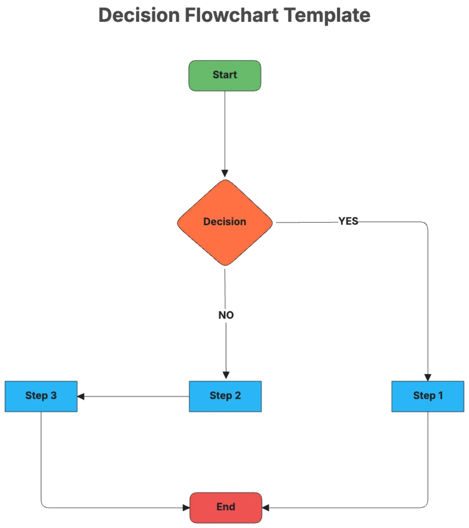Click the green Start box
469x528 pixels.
(x=225, y=76)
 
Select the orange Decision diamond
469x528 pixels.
(x=225, y=222)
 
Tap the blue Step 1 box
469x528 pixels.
(x=427, y=396)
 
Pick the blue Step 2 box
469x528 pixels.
(x=225, y=396)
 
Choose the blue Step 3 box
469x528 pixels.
(x=41, y=396)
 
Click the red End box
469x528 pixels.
(x=226, y=507)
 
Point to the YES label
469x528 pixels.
(x=348, y=221)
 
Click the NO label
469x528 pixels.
(x=226, y=315)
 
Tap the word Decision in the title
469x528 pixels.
(x=139, y=15)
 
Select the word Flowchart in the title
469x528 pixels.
(x=232, y=15)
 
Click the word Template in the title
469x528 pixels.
(x=327, y=16)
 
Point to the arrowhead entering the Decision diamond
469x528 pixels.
(x=225, y=173)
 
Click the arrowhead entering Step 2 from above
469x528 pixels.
(x=226, y=375)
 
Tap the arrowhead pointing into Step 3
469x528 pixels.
(x=81, y=396)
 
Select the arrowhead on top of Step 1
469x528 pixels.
(x=428, y=377)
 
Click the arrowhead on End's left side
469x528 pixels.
(x=186, y=508)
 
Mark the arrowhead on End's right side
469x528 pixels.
(x=265, y=508)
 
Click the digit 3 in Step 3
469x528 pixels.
(x=54, y=395)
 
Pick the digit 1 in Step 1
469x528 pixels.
(x=440, y=395)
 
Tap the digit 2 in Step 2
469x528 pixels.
(x=238, y=395)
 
